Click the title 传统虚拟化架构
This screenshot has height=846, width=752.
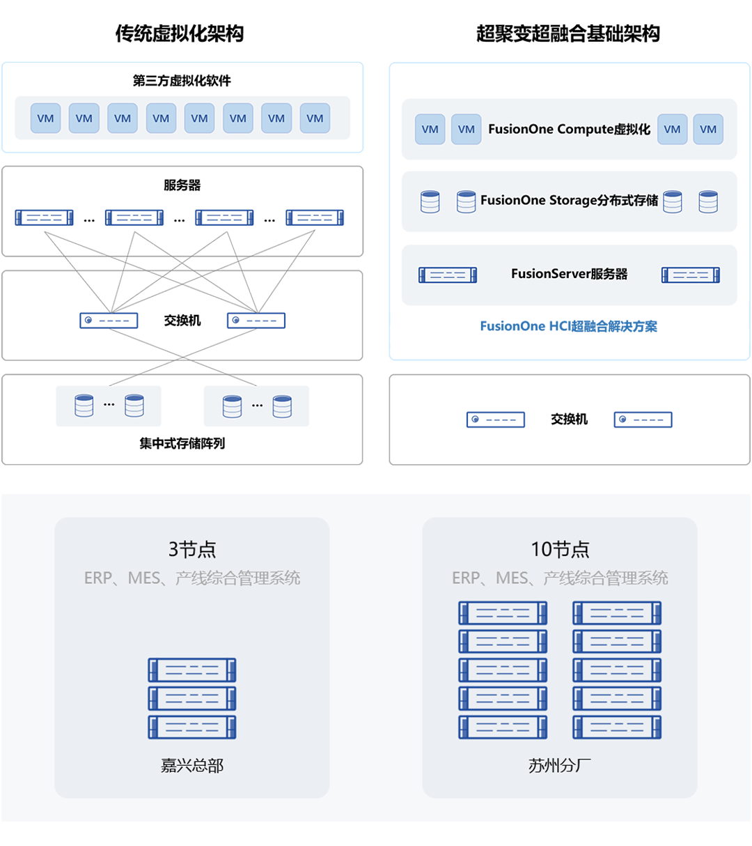coord(180,33)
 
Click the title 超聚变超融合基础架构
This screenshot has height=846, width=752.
coord(568,33)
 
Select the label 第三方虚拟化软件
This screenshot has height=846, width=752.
coord(182,81)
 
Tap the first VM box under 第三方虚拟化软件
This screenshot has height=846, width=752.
coord(45,118)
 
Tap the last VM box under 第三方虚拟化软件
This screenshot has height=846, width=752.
coord(315,118)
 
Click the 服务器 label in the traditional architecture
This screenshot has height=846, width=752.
coord(182,185)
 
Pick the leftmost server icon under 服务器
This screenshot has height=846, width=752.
coord(44,217)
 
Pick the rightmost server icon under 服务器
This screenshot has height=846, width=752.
coord(315,217)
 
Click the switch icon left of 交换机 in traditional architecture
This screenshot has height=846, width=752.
coord(109,321)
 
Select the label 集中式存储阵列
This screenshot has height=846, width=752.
coord(182,443)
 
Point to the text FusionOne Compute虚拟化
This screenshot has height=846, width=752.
coord(569,130)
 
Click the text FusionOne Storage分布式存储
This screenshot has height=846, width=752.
coord(569,201)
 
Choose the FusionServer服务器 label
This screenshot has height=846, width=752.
coord(569,274)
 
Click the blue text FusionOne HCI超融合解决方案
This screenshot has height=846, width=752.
coord(568,326)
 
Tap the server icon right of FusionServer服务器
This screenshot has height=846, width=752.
coord(691,275)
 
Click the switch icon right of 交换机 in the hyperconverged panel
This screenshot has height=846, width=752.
coord(643,420)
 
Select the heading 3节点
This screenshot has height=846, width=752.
coord(192,549)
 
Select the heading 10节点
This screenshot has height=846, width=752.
coord(560,549)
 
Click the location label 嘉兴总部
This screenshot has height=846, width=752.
coord(192,766)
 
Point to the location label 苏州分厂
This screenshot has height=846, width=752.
coord(560,766)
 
